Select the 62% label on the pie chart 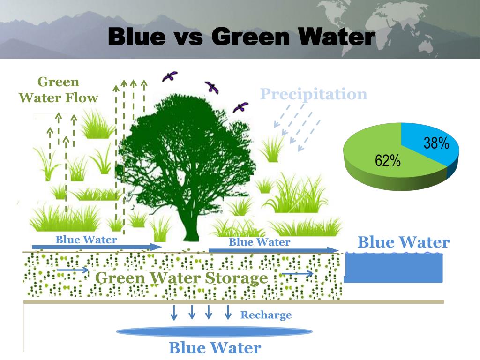click(x=388, y=161)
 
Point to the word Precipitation click(x=314, y=94)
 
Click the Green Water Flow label click(x=58, y=90)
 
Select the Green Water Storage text click(x=181, y=278)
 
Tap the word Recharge click(x=266, y=315)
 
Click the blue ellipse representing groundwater click(x=214, y=332)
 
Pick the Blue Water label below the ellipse click(x=214, y=348)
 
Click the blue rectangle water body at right click(x=394, y=268)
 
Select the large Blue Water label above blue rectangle click(x=403, y=242)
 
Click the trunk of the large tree click(x=191, y=225)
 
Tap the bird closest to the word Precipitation click(x=240, y=107)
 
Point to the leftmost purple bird click(x=169, y=76)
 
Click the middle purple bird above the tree click(x=211, y=87)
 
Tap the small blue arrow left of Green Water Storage click(x=73, y=270)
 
